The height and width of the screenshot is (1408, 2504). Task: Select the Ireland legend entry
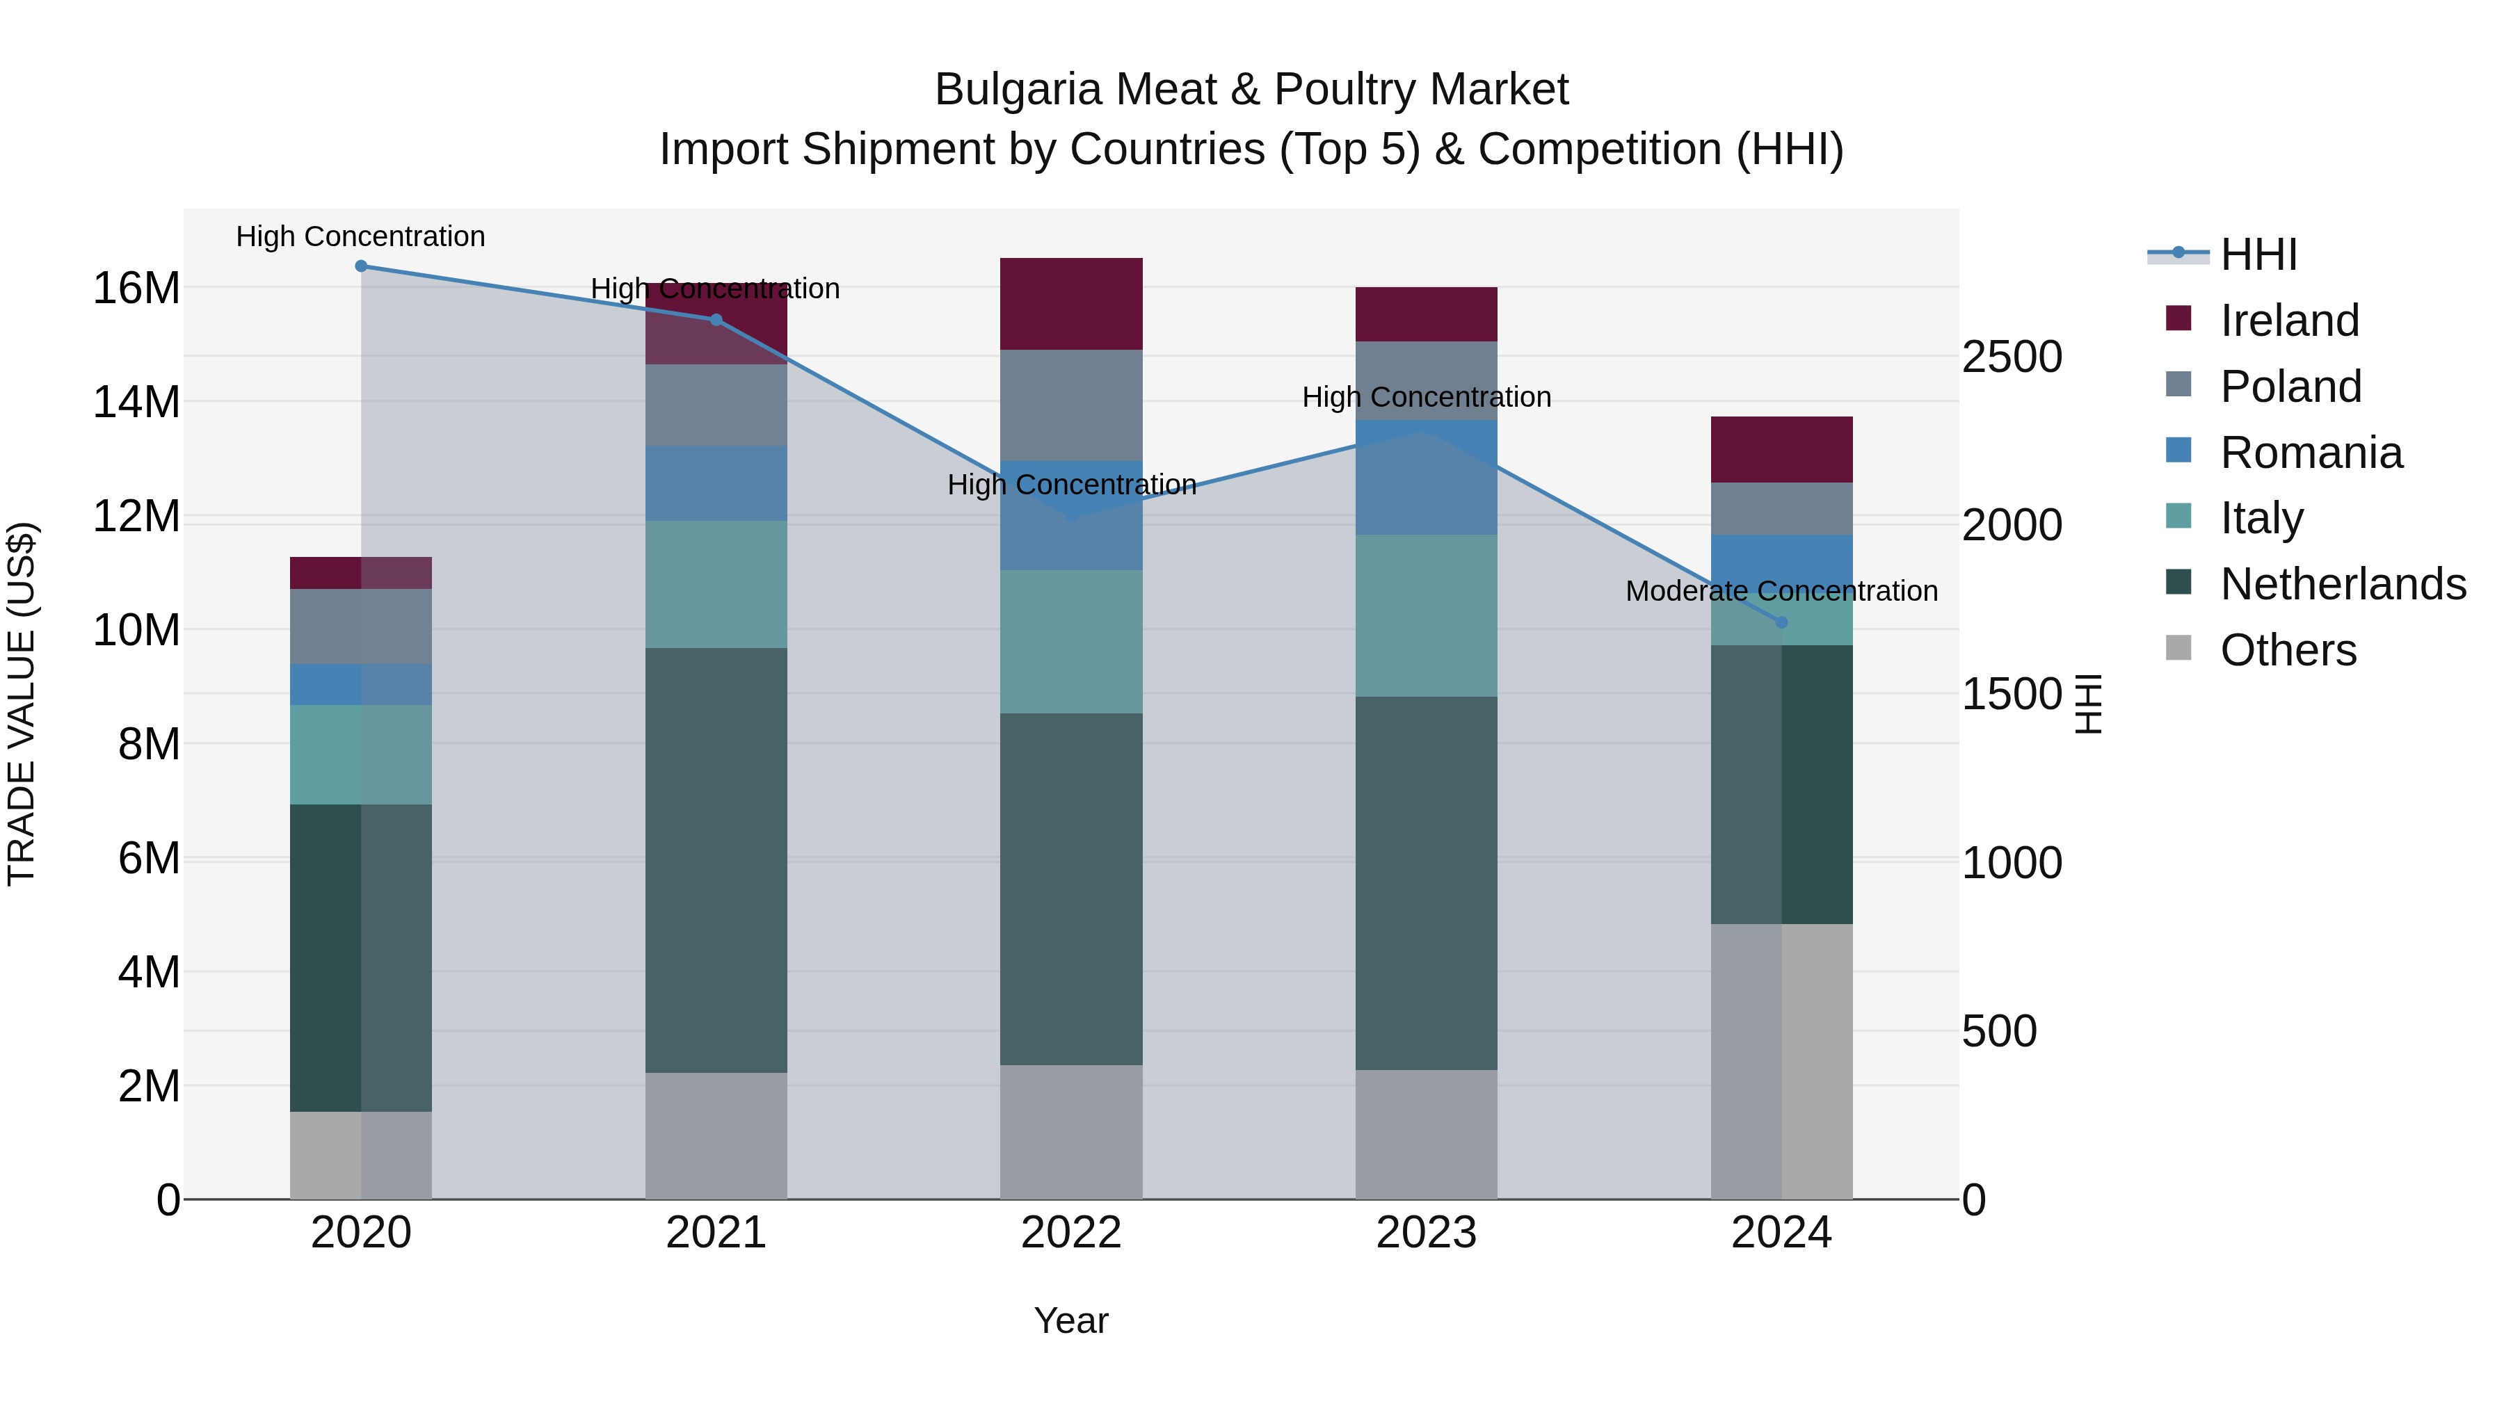[x=2288, y=321]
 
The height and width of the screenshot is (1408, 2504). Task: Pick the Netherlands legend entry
[x=2342, y=584]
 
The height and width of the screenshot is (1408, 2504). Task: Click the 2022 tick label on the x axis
[x=1070, y=1233]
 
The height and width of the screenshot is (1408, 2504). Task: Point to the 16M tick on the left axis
[x=136, y=289]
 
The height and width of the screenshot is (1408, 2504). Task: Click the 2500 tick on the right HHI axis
[x=2011, y=357]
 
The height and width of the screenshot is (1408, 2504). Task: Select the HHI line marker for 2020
[x=360, y=266]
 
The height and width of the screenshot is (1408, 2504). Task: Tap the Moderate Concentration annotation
[x=1781, y=591]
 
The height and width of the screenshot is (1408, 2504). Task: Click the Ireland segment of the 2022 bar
[x=1070, y=304]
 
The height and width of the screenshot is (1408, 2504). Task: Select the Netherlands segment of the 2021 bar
[x=716, y=860]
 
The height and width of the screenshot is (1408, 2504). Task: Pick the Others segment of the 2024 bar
[x=1781, y=1061]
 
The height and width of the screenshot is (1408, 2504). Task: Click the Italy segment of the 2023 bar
[x=1426, y=615]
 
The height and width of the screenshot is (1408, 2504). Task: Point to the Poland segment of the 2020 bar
[x=360, y=626]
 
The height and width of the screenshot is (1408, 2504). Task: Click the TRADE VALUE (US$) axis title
[x=22, y=704]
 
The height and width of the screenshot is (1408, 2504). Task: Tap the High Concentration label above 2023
[x=1426, y=398]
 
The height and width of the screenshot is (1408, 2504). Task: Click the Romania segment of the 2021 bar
[x=716, y=483]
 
